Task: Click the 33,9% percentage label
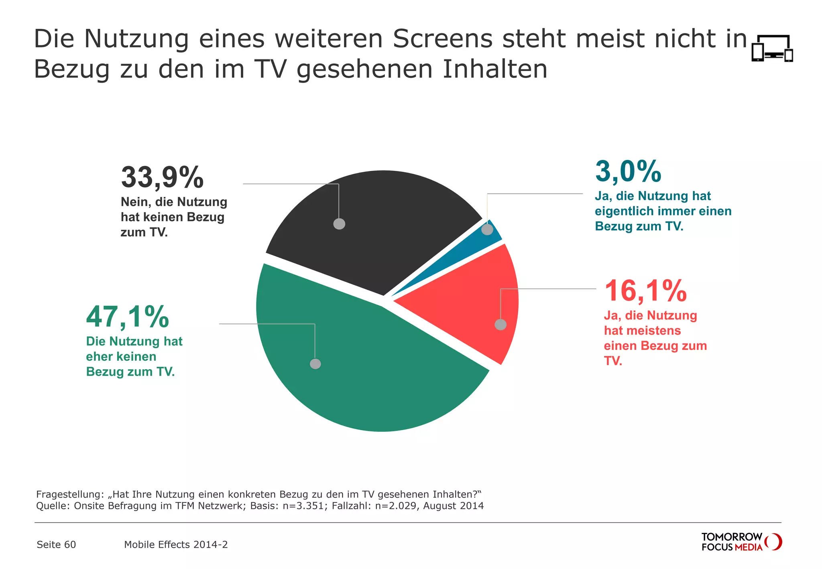pos(162,178)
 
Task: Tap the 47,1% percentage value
pos(127,317)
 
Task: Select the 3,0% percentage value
pos(628,172)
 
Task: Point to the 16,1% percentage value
pos(645,291)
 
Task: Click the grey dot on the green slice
pos(315,364)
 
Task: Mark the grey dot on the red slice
pos(501,324)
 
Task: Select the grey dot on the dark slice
pos(339,224)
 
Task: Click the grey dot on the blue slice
pos(487,230)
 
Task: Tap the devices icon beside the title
pos(772,48)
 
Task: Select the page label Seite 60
pos(56,545)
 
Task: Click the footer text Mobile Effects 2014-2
pos(176,545)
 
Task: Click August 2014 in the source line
pos(453,506)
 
